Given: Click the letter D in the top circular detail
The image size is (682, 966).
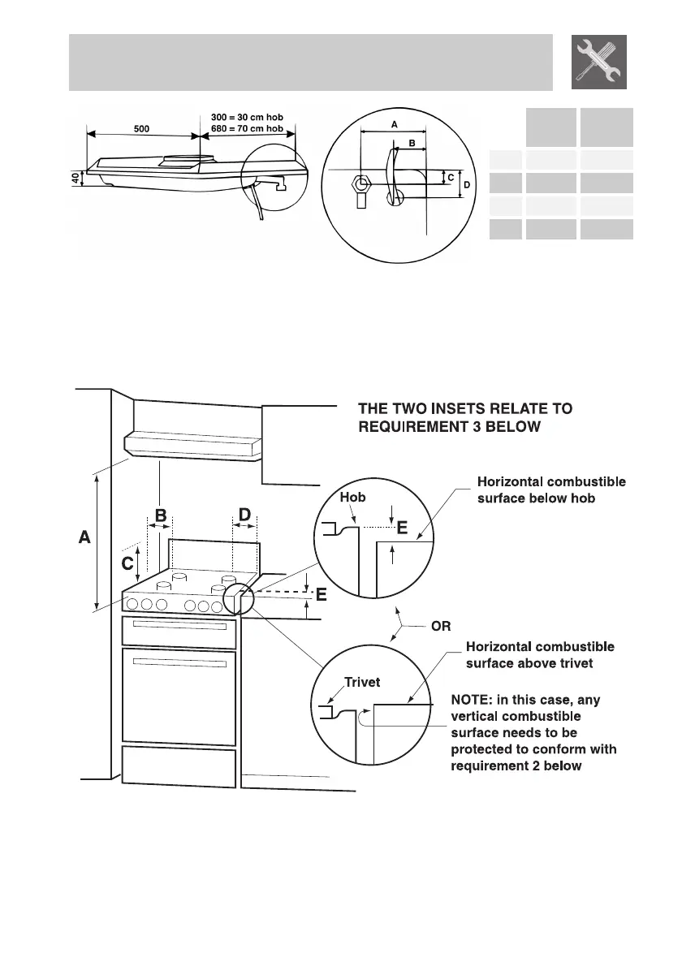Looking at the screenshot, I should [x=464, y=185].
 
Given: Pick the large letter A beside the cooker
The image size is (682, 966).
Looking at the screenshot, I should [x=84, y=537].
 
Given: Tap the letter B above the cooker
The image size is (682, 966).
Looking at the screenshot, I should [x=161, y=515].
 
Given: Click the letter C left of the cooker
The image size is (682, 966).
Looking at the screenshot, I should [x=127, y=562].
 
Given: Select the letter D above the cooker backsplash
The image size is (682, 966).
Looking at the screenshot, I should [x=244, y=515].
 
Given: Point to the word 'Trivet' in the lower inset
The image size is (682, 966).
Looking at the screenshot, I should [x=362, y=683].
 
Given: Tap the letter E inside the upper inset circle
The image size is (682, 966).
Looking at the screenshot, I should [x=402, y=528].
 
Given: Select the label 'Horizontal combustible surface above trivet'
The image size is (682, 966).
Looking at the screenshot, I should [x=540, y=654].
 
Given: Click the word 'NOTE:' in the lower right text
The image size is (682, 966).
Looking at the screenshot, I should [x=472, y=699].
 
